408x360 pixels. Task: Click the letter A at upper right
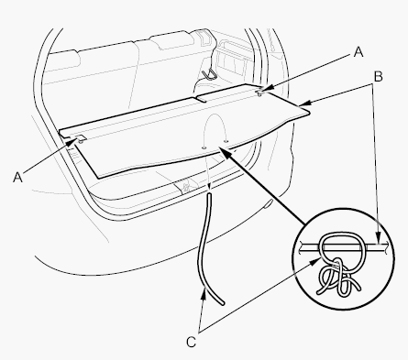(358, 52)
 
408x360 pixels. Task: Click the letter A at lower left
(17, 177)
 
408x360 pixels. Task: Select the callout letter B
(378, 77)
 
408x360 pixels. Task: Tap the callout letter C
(191, 342)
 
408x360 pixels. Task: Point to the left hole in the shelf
(204, 147)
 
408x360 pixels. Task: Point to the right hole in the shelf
(226, 141)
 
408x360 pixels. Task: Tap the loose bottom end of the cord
(223, 303)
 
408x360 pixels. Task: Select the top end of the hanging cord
(209, 193)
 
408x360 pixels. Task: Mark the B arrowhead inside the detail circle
(378, 239)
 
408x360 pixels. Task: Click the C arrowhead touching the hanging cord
(204, 293)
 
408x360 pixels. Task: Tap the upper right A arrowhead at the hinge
(264, 90)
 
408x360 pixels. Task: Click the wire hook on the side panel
(209, 73)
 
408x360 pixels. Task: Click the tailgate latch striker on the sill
(185, 186)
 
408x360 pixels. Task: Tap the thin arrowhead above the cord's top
(209, 187)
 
